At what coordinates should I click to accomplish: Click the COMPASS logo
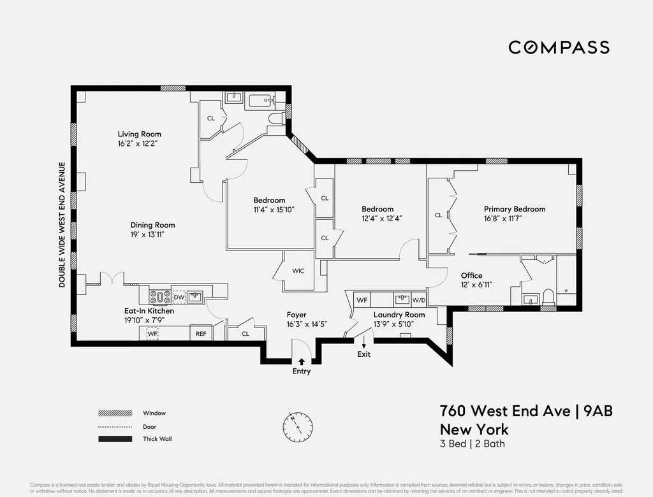pos(559,47)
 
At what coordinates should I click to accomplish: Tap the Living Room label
pos(139,134)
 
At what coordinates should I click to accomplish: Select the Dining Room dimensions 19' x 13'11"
pos(152,235)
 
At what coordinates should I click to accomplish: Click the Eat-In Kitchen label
pos(149,311)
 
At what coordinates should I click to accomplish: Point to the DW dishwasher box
pos(179,297)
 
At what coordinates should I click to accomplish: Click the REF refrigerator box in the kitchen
pos(200,333)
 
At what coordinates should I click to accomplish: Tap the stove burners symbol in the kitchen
pos(159,297)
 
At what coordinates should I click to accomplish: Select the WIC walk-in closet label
pos(298,271)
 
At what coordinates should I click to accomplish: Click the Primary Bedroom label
pos(514,209)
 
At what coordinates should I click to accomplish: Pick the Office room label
pos(471,275)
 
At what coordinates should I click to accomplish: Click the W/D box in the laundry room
pos(418,299)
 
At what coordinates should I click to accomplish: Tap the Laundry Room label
pos(399,315)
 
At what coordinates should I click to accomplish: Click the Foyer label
pos(297,315)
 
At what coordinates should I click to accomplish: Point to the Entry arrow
pos(301,362)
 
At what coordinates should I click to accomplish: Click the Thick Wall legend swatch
pos(115,438)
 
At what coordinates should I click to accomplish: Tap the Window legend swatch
pos(115,413)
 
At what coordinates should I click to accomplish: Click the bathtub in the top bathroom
pos(259,101)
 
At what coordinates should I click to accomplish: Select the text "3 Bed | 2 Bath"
pos(472,443)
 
